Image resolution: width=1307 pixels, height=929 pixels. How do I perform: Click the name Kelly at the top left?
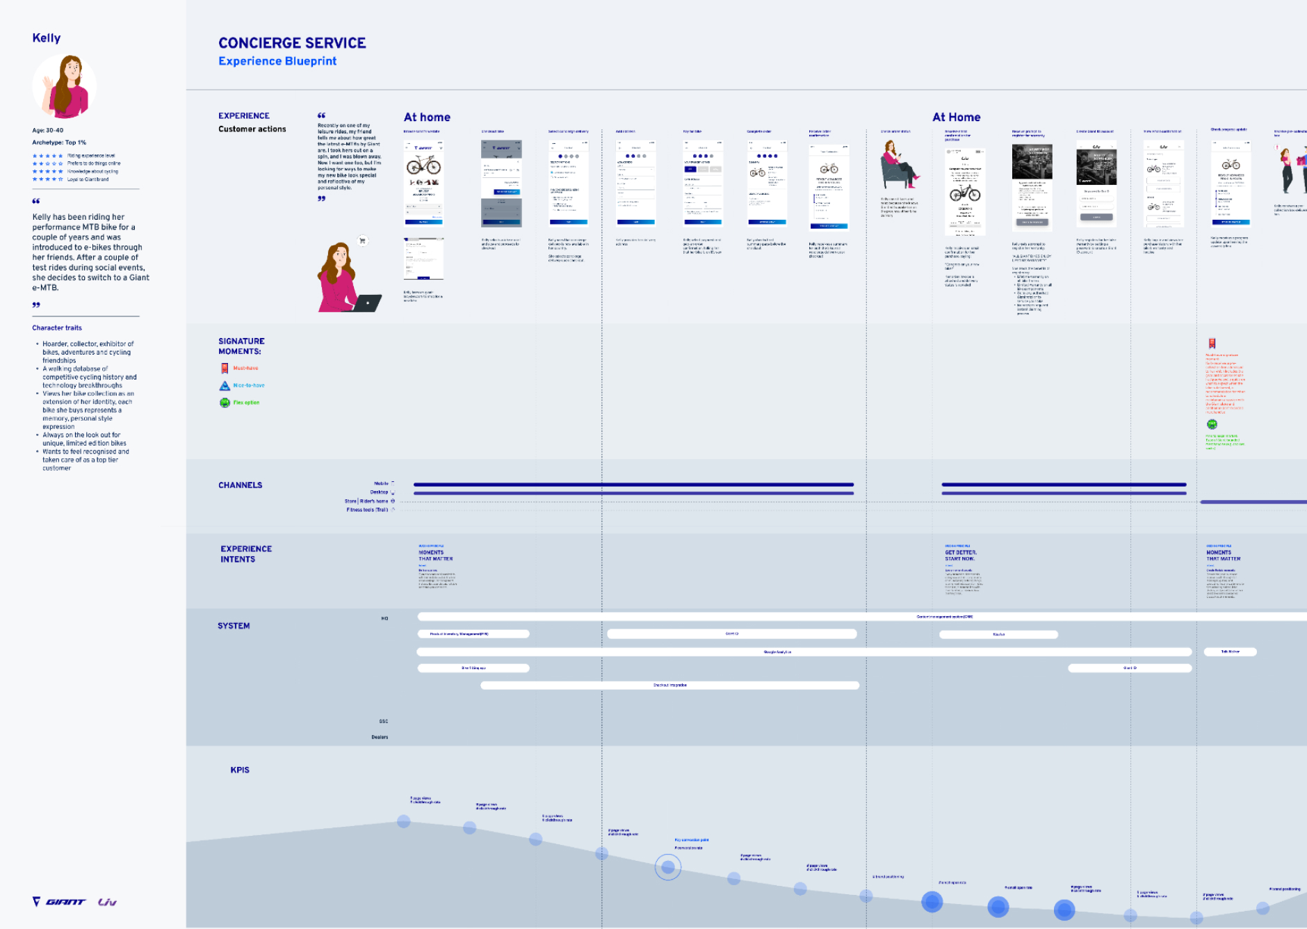pyautogui.click(x=47, y=38)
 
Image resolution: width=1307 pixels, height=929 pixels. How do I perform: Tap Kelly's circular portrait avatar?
pyautogui.click(x=65, y=87)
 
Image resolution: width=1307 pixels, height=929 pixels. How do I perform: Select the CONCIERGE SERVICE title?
pyautogui.click(x=292, y=43)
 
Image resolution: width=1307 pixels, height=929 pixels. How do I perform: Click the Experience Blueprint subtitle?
pyautogui.click(x=277, y=61)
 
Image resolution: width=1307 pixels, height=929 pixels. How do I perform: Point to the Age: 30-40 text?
pyautogui.click(x=48, y=130)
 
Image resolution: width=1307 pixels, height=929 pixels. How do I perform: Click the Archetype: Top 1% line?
pyautogui.click(x=59, y=143)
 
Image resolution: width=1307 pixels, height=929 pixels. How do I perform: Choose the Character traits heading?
pyautogui.click(x=57, y=328)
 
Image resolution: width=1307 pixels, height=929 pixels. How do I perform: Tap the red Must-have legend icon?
pyautogui.click(x=225, y=369)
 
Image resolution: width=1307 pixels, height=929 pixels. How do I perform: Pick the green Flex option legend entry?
pyautogui.click(x=245, y=403)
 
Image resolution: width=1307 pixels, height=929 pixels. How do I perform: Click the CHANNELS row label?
pyautogui.click(x=240, y=485)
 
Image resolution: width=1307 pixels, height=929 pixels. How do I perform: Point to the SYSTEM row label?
pyautogui.click(x=234, y=626)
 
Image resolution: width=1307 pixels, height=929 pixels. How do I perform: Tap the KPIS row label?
pyautogui.click(x=240, y=770)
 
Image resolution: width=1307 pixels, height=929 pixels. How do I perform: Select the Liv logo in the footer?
pyautogui.click(x=107, y=902)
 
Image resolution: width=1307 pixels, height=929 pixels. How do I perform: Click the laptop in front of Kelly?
pyautogui.click(x=366, y=303)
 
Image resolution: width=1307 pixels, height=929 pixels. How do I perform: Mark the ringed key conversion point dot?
pyautogui.click(x=667, y=866)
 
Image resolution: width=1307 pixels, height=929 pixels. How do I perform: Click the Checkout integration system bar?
pyautogui.click(x=669, y=685)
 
